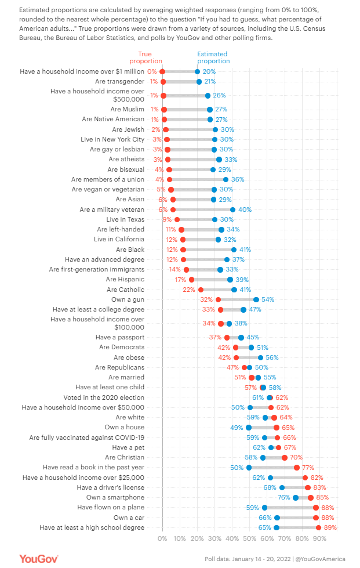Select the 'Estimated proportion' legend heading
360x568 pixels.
point(213,57)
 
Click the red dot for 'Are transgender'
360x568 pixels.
point(163,82)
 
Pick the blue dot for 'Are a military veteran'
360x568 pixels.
point(232,209)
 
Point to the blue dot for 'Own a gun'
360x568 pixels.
point(256,299)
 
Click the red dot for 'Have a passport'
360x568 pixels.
point(227,337)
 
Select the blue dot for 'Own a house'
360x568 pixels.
point(248,427)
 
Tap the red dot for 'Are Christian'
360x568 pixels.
point(285,457)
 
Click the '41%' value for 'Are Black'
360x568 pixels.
point(246,249)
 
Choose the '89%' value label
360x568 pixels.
point(330,527)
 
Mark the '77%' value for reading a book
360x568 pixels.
point(308,467)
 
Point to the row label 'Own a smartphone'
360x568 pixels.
point(115,497)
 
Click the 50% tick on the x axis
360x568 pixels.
point(250,538)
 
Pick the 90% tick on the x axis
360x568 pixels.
point(319,538)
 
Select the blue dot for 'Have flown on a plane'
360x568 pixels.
point(265,507)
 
